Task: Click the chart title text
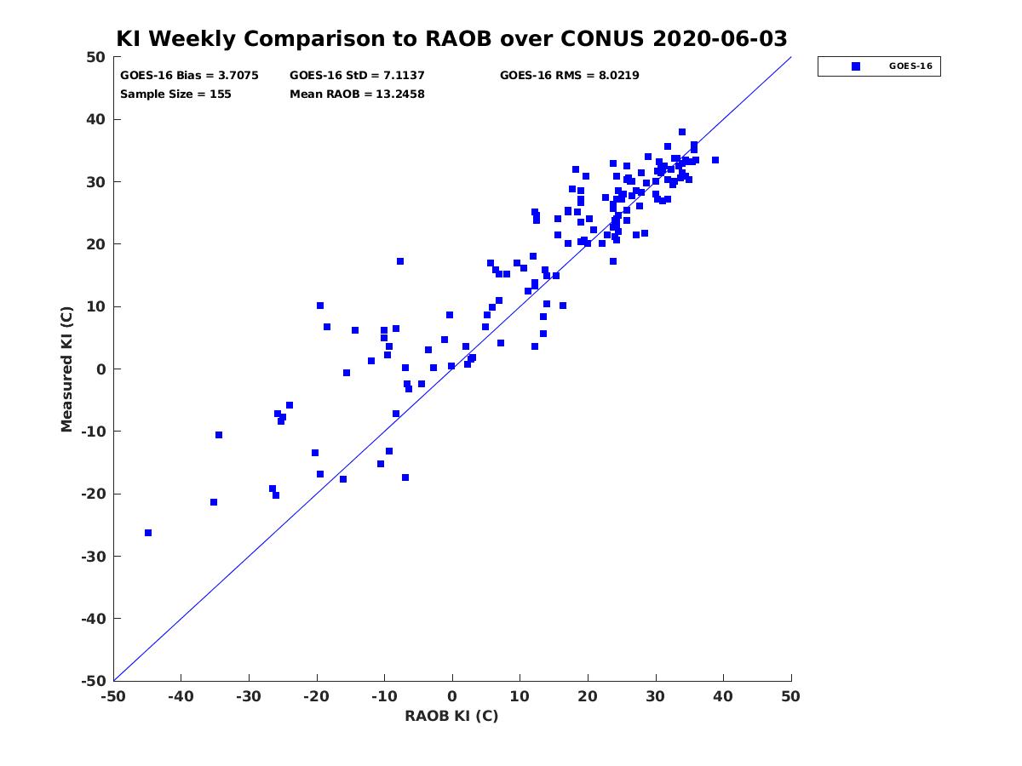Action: (x=451, y=38)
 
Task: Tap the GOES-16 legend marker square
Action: (x=855, y=66)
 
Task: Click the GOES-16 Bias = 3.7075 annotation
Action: (x=189, y=76)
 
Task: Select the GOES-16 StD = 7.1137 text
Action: (x=357, y=76)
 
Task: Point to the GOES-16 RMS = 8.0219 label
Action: (x=569, y=76)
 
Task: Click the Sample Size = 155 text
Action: (x=175, y=94)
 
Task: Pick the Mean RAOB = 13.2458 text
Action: (x=357, y=94)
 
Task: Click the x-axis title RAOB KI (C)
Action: (x=451, y=716)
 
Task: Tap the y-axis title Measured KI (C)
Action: (x=66, y=369)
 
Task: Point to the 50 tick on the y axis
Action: (x=96, y=57)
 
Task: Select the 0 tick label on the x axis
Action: (x=452, y=696)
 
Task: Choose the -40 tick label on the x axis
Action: (x=181, y=696)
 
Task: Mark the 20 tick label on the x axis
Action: (x=588, y=696)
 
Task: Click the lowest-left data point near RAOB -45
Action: (x=148, y=533)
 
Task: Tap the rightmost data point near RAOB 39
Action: (x=715, y=160)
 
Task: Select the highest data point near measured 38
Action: (x=682, y=132)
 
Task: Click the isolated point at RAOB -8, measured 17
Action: (x=400, y=261)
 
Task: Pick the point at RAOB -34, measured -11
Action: (x=219, y=435)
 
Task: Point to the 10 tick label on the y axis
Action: (x=96, y=307)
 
